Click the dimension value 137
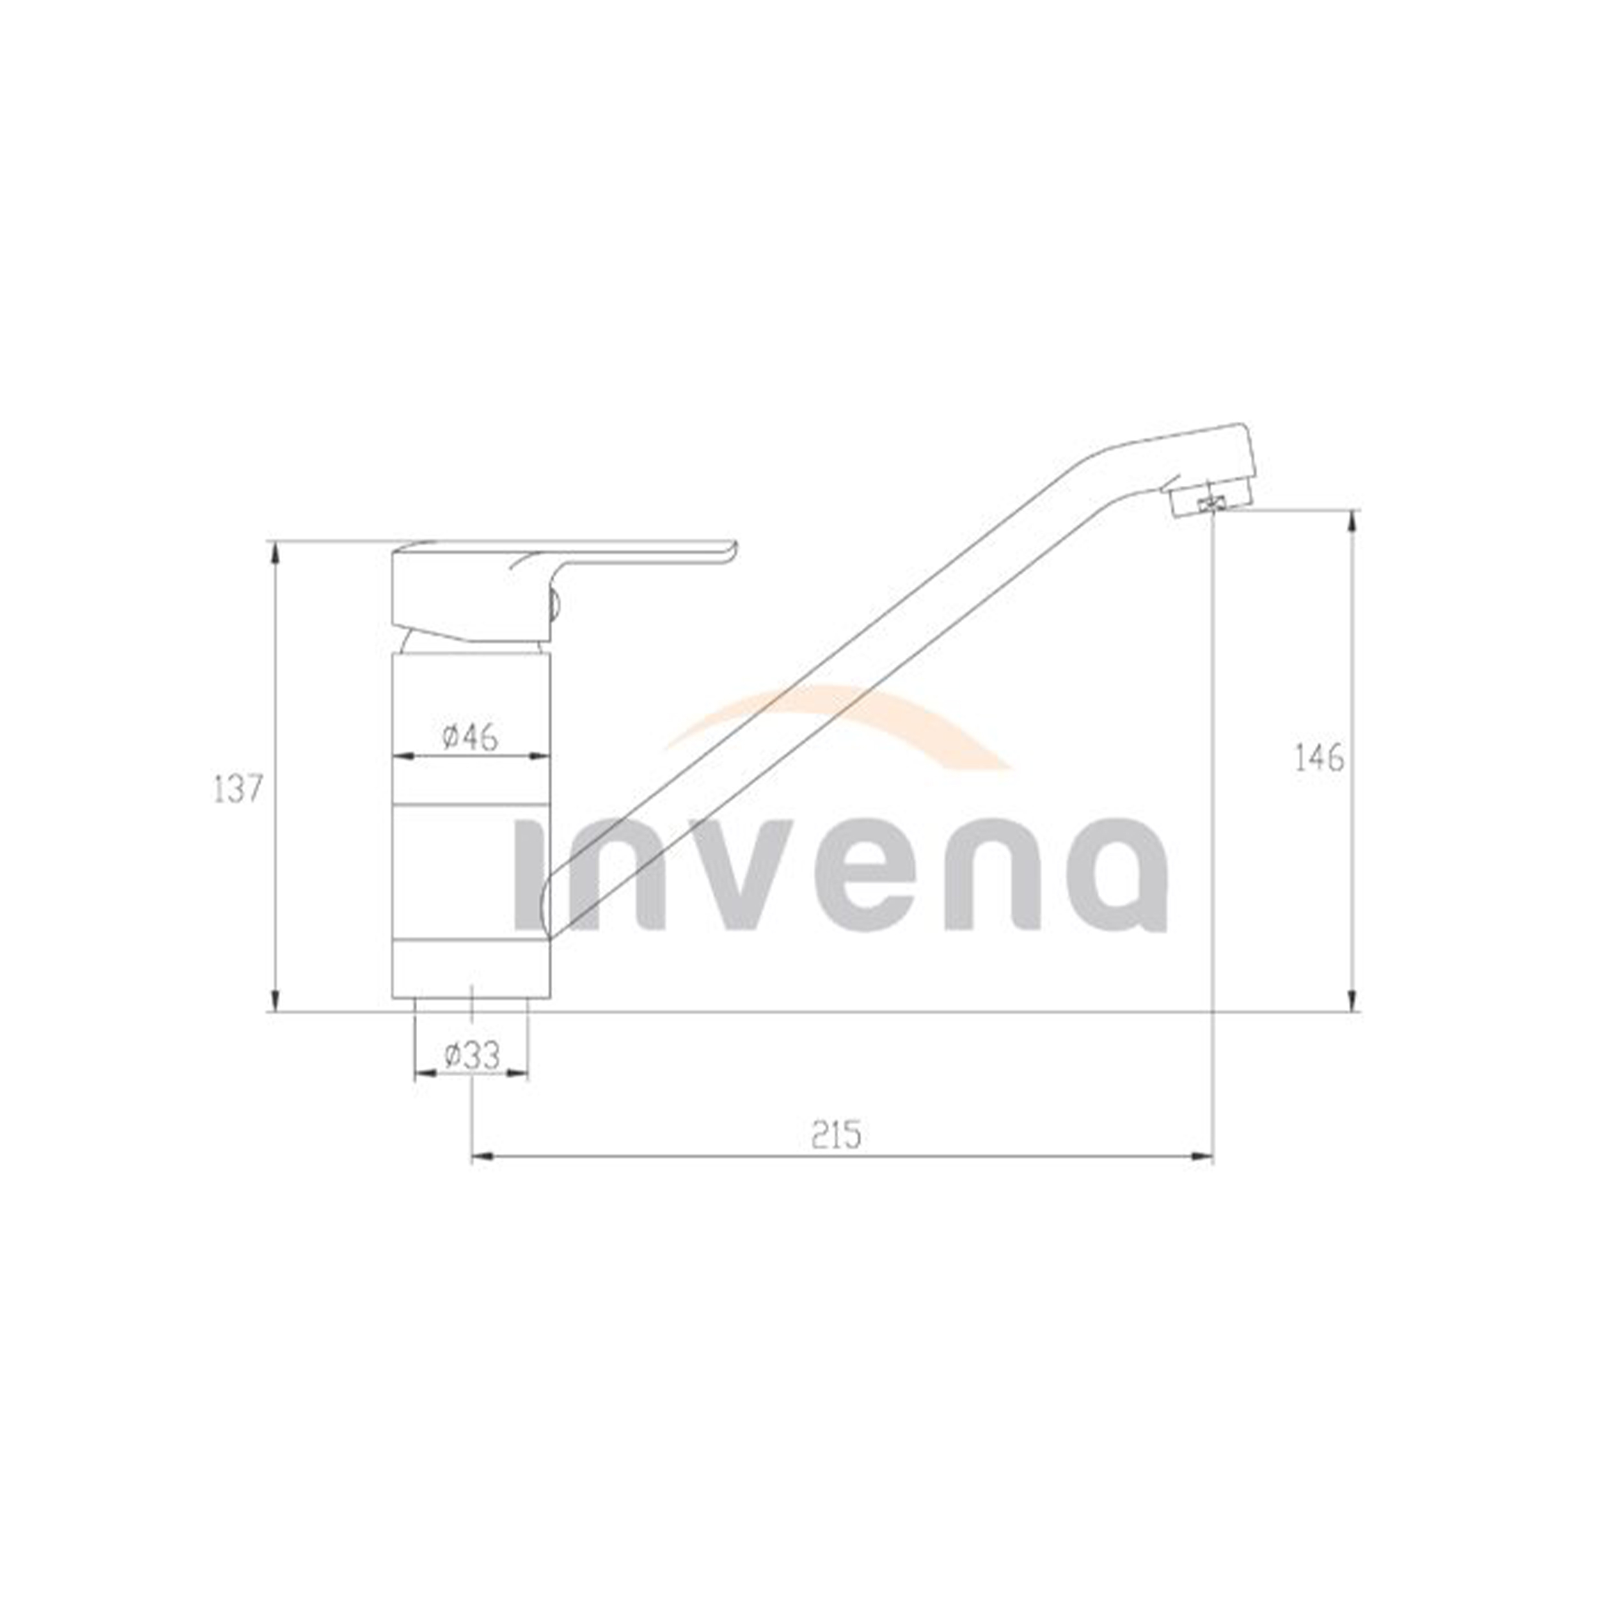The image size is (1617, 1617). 239,789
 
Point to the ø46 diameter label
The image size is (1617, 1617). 470,737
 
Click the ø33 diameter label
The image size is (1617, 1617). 472,1056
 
